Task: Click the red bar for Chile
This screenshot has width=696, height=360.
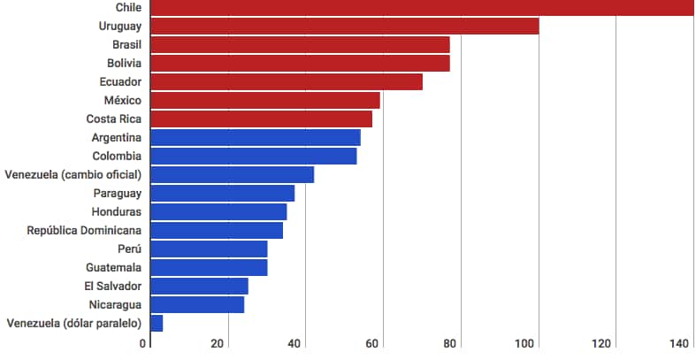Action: (x=422, y=7)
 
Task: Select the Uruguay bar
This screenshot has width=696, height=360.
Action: (x=345, y=26)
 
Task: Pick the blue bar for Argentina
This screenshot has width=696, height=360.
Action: (x=256, y=137)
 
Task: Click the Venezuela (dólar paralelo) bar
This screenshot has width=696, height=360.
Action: (x=157, y=323)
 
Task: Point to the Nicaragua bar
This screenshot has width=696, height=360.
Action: (x=197, y=304)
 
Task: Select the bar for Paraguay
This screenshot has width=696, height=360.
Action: (x=223, y=193)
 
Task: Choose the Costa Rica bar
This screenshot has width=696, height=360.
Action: (x=262, y=119)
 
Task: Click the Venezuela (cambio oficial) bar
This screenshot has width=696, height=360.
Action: (x=233, y=174)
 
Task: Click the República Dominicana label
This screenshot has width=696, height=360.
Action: (x=84, y=230)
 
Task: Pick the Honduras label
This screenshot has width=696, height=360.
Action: (x=117, y=211)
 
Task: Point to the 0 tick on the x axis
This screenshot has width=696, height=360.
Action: (x=144, y=344)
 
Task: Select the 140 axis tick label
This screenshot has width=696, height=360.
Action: (x=681, y=344)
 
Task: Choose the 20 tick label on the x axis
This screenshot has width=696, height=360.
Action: (x=218, y=344)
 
